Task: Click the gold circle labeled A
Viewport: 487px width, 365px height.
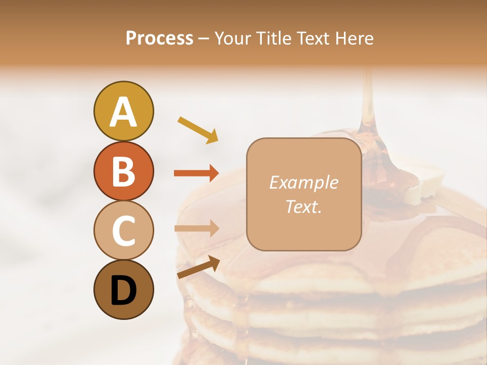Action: (123, 111)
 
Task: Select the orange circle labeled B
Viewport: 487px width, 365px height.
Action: (123, 171)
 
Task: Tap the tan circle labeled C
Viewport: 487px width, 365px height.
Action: (123, 230)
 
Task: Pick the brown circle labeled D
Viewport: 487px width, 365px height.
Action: (123, 289)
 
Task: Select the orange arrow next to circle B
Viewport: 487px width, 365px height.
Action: (196, 173)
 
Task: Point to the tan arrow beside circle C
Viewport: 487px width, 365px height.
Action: (196, 229)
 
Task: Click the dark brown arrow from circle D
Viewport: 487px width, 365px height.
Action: (198, 267)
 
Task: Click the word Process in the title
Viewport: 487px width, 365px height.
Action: (159, 39)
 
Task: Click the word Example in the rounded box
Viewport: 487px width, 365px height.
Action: (303, 183)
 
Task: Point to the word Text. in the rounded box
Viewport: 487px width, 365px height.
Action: (303, 207)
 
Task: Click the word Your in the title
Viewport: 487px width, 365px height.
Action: (232, 39)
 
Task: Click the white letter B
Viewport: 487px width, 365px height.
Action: (123, 171)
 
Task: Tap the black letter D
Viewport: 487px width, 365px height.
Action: (123, 290)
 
